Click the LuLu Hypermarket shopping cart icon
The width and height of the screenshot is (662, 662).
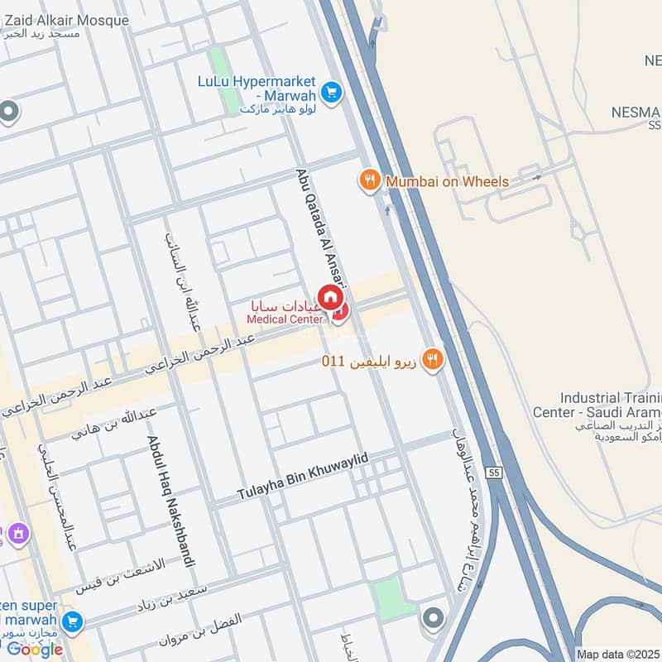[333, 92]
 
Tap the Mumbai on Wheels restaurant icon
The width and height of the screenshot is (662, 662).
[369, 180]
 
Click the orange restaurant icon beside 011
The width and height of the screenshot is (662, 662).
[431, 359]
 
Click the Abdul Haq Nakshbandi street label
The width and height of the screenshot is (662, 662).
[171, 501]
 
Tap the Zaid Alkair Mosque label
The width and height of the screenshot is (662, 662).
[66, 21]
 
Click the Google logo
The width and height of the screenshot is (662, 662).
[35, 649]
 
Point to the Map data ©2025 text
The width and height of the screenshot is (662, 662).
[617, 654]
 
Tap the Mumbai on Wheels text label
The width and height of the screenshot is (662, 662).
[448, 180]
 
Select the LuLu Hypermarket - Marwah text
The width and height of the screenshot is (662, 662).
[257, 89]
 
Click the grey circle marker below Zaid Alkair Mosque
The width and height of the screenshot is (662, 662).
[9, 112]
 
